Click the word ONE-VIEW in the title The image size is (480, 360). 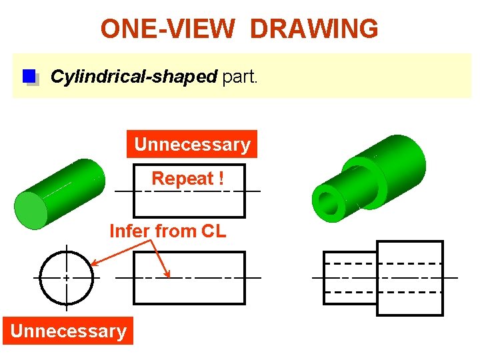click(167, 29)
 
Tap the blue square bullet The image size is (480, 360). click(29, 77)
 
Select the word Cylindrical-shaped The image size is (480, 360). click(133, 77)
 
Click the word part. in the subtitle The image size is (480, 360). click(239, 77)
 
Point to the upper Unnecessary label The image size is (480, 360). click(192, 144)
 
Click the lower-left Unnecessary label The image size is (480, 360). click(68, 331)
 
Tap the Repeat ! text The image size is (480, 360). click(183, 179)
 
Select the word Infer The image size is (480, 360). click(131, 231)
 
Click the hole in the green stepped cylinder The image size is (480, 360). click(329, 201)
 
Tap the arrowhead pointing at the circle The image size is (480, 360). click(95, 263)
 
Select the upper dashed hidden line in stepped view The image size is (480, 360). click(383, 263)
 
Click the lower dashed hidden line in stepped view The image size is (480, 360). click(383, 292)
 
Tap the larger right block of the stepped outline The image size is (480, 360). click(410, 277)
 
